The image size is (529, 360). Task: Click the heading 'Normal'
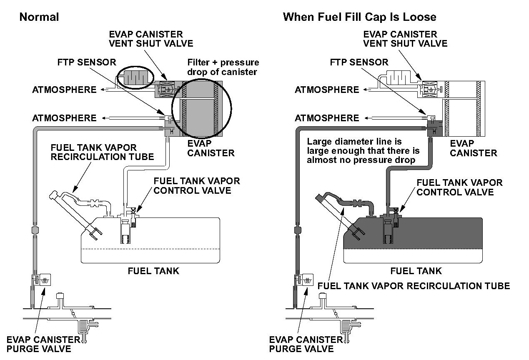pos(39,17)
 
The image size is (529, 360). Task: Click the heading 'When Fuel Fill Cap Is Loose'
pos(359,17)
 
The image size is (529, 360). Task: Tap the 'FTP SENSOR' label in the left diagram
pos(87,62)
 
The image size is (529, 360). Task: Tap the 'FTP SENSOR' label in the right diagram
pos(359,62)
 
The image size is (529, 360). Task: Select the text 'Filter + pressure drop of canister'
pos(223,67)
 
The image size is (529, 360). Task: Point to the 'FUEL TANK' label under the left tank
pos(153,271)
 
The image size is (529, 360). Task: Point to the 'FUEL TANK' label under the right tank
pos(416,271)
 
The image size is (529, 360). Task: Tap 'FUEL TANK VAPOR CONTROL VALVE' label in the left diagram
pos(197,186)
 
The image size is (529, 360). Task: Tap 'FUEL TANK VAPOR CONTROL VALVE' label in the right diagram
pos(459,187)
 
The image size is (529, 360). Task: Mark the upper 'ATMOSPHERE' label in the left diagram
pos(64,90)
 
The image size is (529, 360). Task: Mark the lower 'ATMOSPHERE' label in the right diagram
pos(327,118)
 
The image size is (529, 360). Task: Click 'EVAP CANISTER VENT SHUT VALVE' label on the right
pos(400,38)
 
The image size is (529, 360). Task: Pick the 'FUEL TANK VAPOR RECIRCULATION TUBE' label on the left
pos(102,152)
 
